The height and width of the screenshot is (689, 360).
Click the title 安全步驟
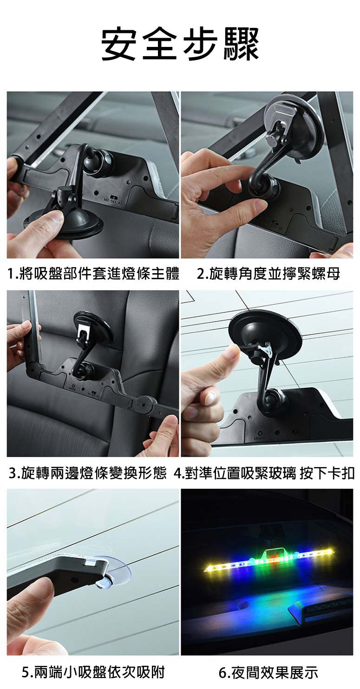click(x=180, y=44)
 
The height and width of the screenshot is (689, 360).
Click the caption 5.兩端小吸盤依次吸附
click(x=93, y=672)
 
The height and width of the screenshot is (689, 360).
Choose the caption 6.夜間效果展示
click(x=268, y=672)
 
